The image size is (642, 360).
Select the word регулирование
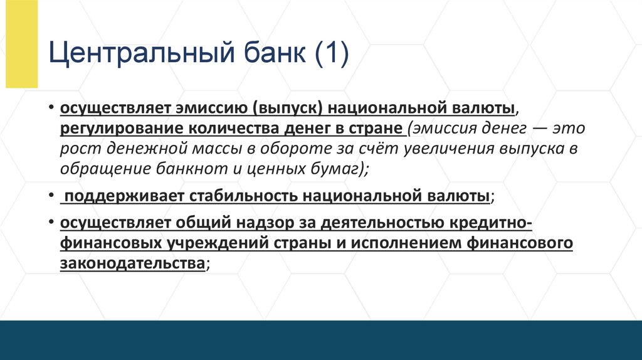tap(119, 129)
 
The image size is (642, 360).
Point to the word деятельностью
tap(383, 224)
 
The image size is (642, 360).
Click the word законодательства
tap(132, 264)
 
